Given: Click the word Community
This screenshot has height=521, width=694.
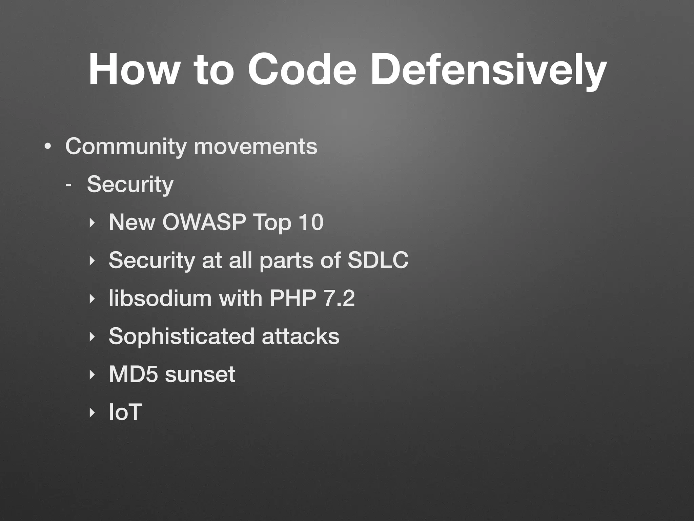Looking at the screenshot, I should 126,147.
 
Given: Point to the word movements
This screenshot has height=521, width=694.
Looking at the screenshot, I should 256,147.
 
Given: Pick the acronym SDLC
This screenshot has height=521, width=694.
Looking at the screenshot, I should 378,260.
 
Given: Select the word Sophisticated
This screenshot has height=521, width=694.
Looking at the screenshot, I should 182,336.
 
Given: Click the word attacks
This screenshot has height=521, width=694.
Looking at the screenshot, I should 300,336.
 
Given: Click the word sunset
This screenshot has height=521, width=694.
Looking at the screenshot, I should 200,374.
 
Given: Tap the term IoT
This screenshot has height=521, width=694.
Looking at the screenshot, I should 125,412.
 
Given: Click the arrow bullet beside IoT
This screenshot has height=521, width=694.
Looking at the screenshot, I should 91,413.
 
